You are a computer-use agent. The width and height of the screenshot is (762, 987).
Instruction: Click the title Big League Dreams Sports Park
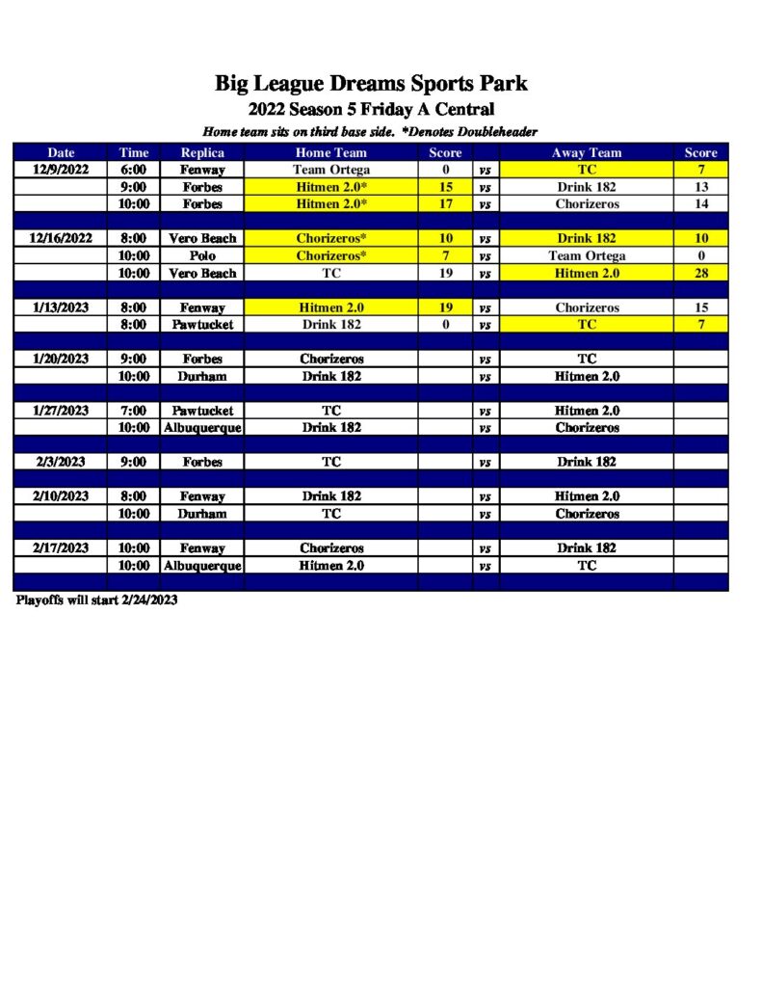click(371, 84)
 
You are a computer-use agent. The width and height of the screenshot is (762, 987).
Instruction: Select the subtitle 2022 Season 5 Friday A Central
click(371, 109)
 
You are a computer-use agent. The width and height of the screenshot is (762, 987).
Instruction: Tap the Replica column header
click(202, 152)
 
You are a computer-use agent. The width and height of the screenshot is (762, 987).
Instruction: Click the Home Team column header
click(330, 152)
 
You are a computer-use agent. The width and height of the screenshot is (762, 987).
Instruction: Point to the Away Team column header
click(587, 152)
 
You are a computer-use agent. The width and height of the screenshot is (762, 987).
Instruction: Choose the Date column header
click(61, 152)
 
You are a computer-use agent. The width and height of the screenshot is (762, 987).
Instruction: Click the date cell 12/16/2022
click(61, 238)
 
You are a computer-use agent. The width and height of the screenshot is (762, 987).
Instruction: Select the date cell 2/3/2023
click(61, 462)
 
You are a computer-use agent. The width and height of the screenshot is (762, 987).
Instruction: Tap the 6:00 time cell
click(134, 170)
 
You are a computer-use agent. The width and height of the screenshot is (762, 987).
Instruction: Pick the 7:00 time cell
click(134, 411)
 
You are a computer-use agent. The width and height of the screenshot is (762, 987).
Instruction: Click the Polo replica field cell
click(202, 255)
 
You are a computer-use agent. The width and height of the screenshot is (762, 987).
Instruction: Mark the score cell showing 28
click(700, 273)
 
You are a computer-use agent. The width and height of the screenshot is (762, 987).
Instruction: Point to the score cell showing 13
click(700, 187)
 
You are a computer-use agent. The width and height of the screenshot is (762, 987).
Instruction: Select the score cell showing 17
click(446, 204)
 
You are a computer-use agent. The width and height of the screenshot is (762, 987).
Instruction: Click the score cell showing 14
click(700, 204)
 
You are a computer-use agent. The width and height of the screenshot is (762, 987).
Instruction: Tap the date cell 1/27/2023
click(61, 411)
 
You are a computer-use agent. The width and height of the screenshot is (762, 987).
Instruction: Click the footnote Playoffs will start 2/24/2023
click(96, 600)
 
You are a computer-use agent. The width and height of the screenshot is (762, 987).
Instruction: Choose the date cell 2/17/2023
click(61, 548)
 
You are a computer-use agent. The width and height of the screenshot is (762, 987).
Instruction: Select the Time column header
click(134, 152)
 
